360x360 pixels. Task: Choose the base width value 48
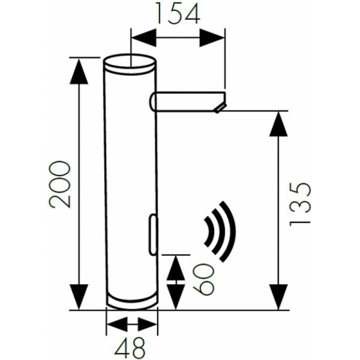click(131, 347)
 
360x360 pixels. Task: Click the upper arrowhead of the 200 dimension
click(79, 71)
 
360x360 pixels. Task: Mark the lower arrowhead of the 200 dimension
click(79, 296)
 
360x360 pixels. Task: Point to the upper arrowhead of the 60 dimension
click(175, 267)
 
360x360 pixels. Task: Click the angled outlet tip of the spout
click(220, 108)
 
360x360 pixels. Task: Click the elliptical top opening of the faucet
click(130, 62)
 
